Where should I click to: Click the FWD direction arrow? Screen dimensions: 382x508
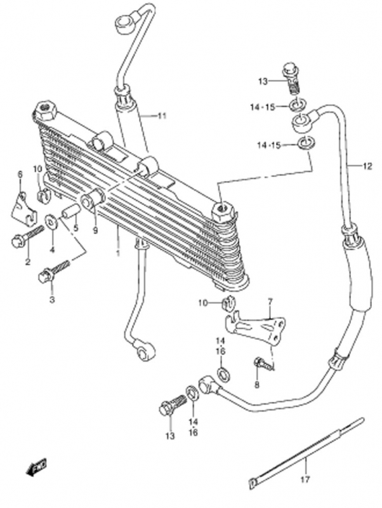click(x=36, y=467)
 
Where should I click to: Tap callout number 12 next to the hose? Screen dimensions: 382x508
click(x=367, y=166)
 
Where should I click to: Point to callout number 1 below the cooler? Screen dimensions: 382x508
click(x=118, y=252)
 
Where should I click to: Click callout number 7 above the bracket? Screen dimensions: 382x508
click(x=270, y=302)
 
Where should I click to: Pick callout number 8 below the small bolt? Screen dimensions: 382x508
click(x=258, y=385)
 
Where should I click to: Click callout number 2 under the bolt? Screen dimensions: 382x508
click(x=27, y=262)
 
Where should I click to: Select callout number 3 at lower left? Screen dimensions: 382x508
click(x=52, y=300)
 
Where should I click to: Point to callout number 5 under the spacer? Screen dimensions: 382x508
click(x=76, y=228)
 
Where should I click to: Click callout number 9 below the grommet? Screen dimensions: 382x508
click(x=95, y=231)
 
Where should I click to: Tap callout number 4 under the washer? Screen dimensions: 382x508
click(x=52, y=250)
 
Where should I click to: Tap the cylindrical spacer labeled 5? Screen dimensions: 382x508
click(x=70, y=211)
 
